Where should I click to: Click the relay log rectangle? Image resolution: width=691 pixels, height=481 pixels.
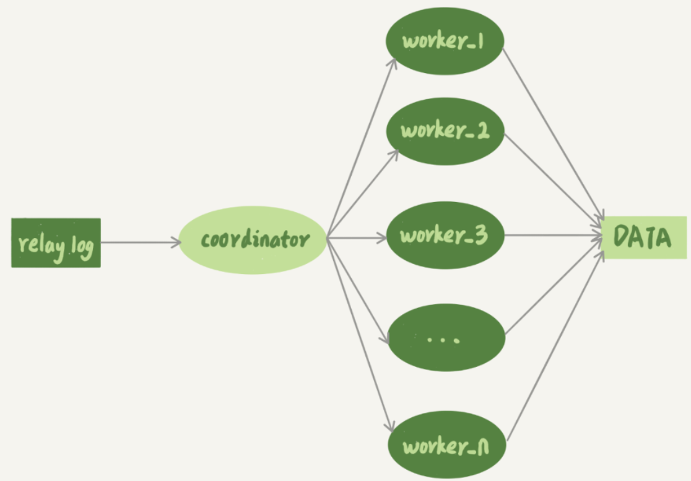tap(56, 243)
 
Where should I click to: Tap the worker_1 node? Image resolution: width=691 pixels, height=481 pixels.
tap(445, 41)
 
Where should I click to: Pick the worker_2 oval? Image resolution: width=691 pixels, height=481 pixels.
tap(445, 131)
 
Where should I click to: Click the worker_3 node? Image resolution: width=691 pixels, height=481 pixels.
tap(445, 236)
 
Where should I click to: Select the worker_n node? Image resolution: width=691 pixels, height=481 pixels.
tap(446, 446)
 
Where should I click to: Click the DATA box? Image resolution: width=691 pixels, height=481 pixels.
tap(644, 238)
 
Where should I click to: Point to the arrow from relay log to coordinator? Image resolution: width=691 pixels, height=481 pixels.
tap(140, 242)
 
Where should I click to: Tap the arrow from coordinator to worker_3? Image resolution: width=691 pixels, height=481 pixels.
tap(356, 237)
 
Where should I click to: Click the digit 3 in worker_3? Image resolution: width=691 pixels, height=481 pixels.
tap(481, 236)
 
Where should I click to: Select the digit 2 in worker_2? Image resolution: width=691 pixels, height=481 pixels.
tap(480, 131)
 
